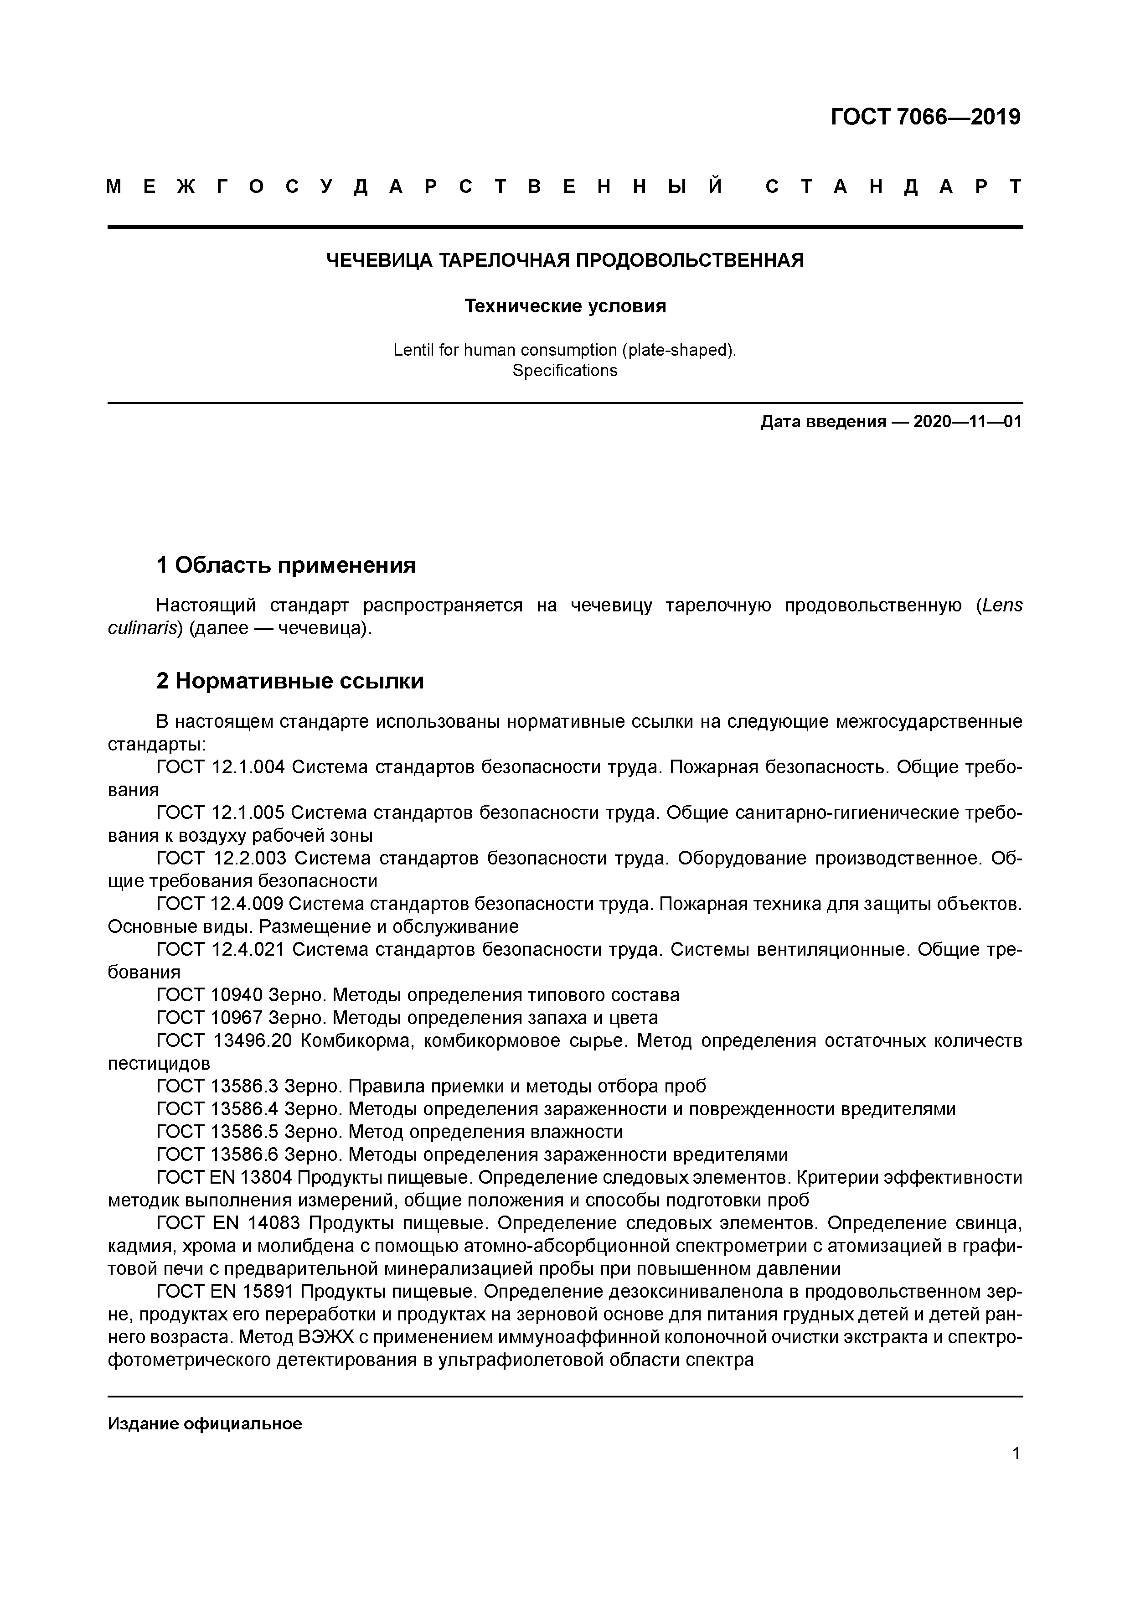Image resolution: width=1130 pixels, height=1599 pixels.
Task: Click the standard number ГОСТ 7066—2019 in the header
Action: pos(925,117)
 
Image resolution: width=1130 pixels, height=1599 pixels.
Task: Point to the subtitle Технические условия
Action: pos(565,306)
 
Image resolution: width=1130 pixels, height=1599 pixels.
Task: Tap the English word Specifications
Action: pos(565,371)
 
